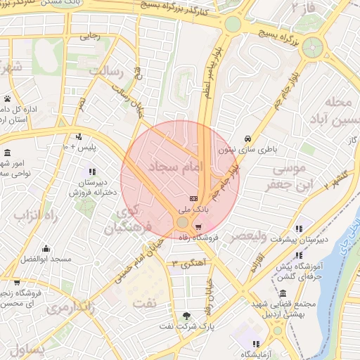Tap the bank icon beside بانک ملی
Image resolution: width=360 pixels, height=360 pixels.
click(x=193, y=199)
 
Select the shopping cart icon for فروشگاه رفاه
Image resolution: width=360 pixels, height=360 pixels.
click(x=199, y=226)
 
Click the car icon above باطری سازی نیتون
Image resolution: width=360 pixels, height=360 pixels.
click(x=247, y=139)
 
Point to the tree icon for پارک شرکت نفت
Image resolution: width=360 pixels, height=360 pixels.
click(x=186, y=316)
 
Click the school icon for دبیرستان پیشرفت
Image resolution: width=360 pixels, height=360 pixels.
click(x=300, y=228)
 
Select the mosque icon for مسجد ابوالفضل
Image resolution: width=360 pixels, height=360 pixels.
click(x=46, y=248)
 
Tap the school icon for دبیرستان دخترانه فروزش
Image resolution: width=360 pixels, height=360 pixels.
click(x=91, y=172)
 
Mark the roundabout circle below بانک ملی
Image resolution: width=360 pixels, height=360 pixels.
click(x=182, y=222)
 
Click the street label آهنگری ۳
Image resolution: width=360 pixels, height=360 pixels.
click(x=184, y=264)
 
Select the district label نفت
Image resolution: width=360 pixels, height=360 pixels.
click(x=145, y=302)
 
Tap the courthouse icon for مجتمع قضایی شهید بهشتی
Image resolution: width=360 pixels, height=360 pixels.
click(x=282, y=293)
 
